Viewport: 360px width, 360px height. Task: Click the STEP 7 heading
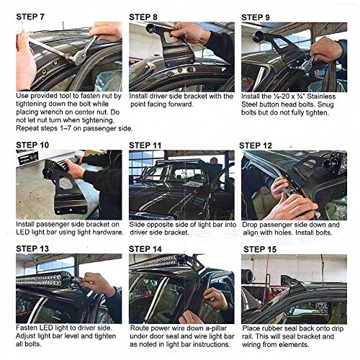[30, 17]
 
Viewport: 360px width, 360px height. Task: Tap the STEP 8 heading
[143, 17]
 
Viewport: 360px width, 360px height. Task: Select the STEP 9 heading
[256, 17]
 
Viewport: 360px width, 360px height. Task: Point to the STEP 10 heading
[32, 145]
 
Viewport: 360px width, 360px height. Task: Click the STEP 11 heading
[145, 145]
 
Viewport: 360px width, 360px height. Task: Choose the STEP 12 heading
[256, 145]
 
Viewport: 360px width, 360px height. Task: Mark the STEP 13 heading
[32, 248]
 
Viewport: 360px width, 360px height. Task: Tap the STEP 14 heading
[145, 249]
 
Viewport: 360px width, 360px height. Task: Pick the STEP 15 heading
[260, 249]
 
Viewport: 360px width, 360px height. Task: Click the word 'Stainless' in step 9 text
[321, 96]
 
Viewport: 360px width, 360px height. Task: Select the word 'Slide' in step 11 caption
[137, 225]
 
